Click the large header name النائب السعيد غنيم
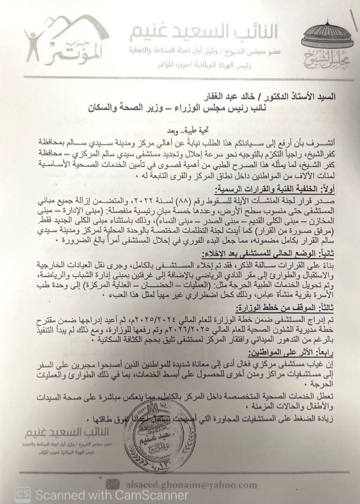204,34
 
